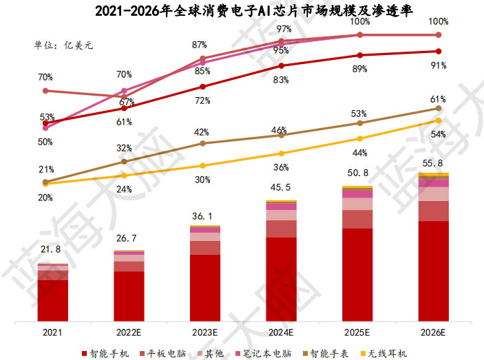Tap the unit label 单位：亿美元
point(64,45)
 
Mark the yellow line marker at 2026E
point(439,120)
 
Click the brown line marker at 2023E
point(202,143)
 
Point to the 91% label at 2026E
point(439,66)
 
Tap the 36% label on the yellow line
point(281,167)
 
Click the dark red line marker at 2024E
point(281,66)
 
